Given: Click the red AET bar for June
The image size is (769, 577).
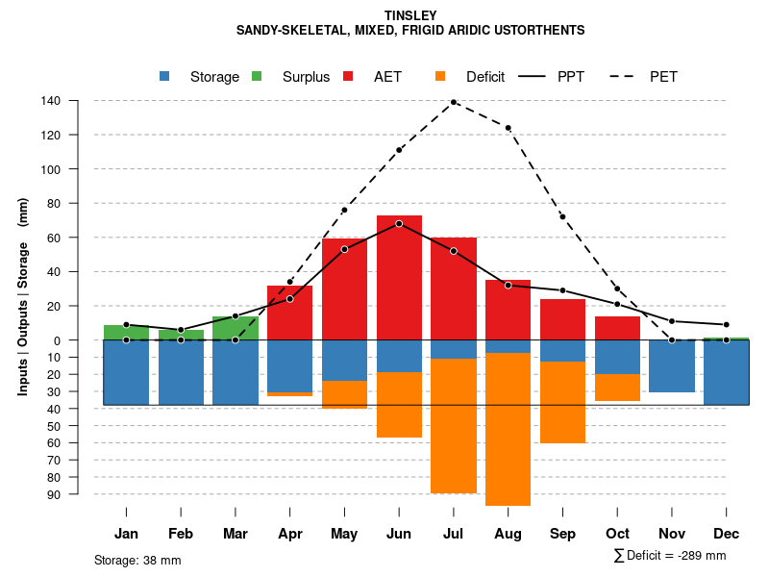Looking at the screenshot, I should pos(399,279).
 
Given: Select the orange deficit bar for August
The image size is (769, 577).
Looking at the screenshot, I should pos(509,429).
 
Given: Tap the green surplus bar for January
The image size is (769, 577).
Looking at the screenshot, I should pos(126,333).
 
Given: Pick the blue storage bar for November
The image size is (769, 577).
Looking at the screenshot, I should pos(672,365).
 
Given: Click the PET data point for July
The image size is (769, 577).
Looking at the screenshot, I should pos(454,102).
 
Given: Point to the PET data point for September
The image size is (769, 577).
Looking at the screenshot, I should pos(562,216).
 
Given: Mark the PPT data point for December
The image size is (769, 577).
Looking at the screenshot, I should pos(727,325).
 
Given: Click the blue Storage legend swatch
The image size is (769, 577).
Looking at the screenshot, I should pos(165,76).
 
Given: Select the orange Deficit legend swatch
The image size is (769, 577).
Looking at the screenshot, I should pos(441,76).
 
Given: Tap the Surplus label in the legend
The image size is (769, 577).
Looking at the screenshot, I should pos(306,77).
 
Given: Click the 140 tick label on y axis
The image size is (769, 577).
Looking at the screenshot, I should pos(51,101).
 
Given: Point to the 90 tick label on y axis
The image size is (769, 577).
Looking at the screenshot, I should pos(54,494).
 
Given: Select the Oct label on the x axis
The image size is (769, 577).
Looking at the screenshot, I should pos(617,533).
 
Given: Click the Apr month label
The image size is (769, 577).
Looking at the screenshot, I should pos(289,533).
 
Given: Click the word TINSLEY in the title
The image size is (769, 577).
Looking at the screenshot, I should pos(410,15).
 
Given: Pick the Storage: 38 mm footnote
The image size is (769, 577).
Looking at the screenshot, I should pos(137,560).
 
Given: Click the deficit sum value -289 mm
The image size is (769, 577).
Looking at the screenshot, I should pos(701,556).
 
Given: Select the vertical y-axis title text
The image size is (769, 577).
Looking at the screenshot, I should pos(23,296).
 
